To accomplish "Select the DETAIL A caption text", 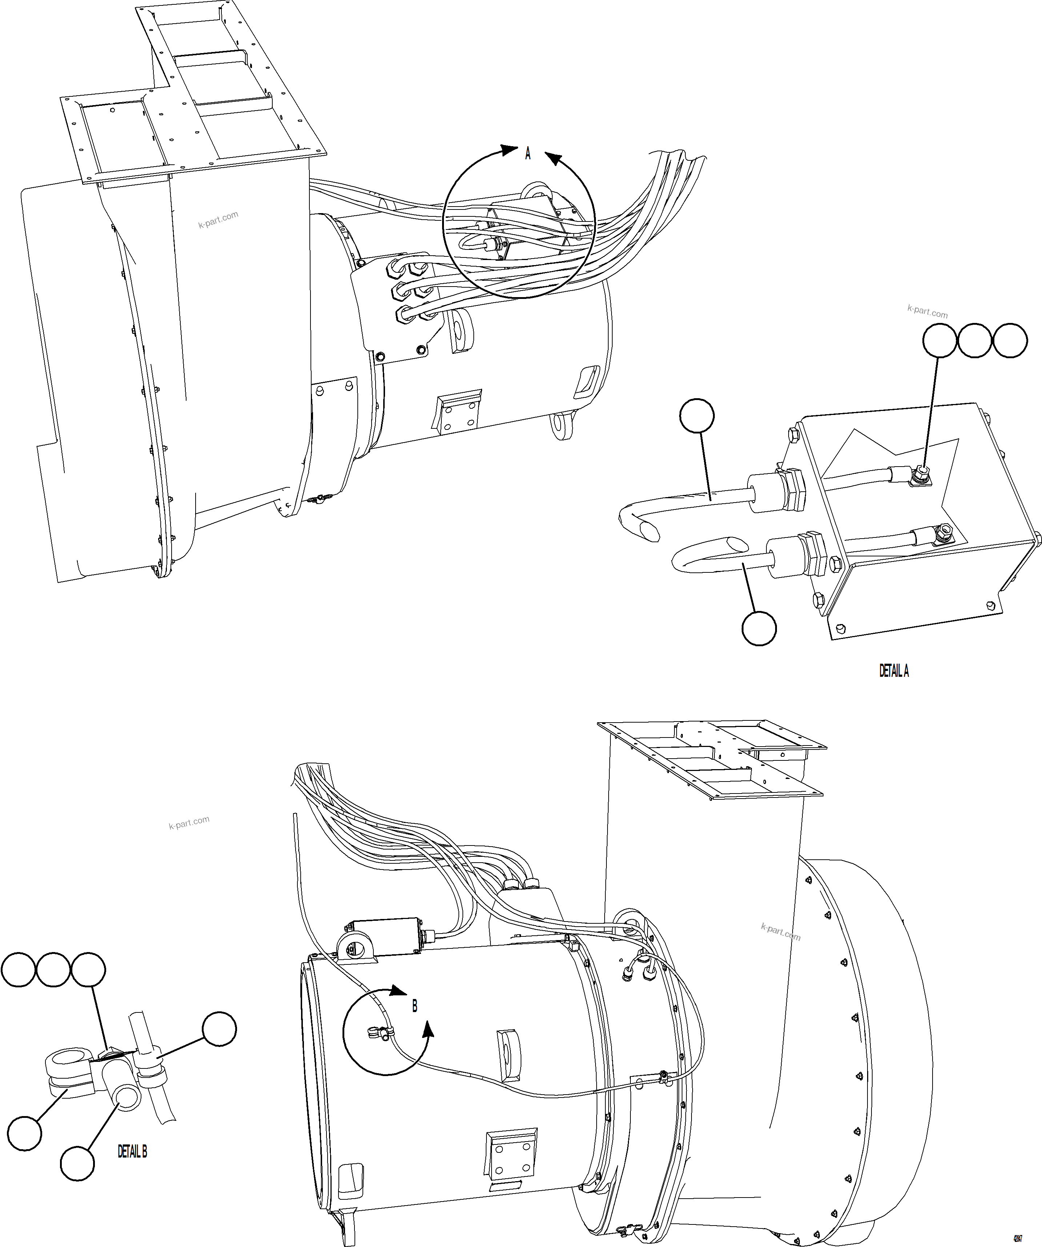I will point(894,671).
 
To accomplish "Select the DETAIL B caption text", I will point(132,1151).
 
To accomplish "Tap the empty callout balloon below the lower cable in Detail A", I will point(759,628).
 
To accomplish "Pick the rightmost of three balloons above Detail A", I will point(1010,341).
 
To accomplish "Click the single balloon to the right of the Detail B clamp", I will point(219,1029).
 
